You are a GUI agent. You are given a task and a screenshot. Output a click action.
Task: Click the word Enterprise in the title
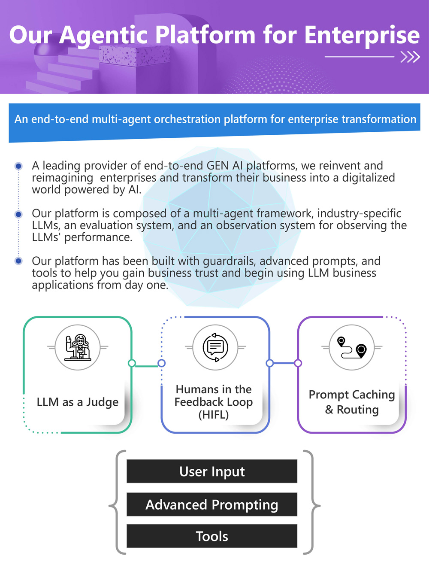tap(362, 35)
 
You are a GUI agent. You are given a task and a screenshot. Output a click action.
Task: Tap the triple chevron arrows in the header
tap(410, 57)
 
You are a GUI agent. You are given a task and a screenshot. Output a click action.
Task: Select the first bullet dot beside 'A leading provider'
tap(18, 166)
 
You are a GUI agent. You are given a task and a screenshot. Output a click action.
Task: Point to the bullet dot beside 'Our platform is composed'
tap(18, 214)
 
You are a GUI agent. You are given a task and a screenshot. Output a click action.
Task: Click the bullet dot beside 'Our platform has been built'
tap(18, 261)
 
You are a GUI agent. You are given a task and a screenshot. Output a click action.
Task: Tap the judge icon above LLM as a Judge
tap(78, 347)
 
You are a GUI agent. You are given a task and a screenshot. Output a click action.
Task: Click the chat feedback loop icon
tap(215, 347)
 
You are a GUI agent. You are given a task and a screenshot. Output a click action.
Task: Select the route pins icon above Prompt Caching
tap(352, 347)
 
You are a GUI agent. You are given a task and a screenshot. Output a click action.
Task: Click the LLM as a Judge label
tap(78, 402)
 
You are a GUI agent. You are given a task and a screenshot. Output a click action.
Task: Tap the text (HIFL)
tap(214, 415)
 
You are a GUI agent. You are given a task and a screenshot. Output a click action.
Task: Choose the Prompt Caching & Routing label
tap(352, 402)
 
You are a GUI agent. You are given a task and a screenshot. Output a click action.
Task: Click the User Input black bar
tap(212, 471)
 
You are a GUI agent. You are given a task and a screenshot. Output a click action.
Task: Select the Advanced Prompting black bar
tap(212, 504)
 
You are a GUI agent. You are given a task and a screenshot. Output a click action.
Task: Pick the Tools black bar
tap(212, 536)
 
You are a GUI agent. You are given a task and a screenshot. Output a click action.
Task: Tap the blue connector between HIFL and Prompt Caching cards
tap(284, 363)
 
